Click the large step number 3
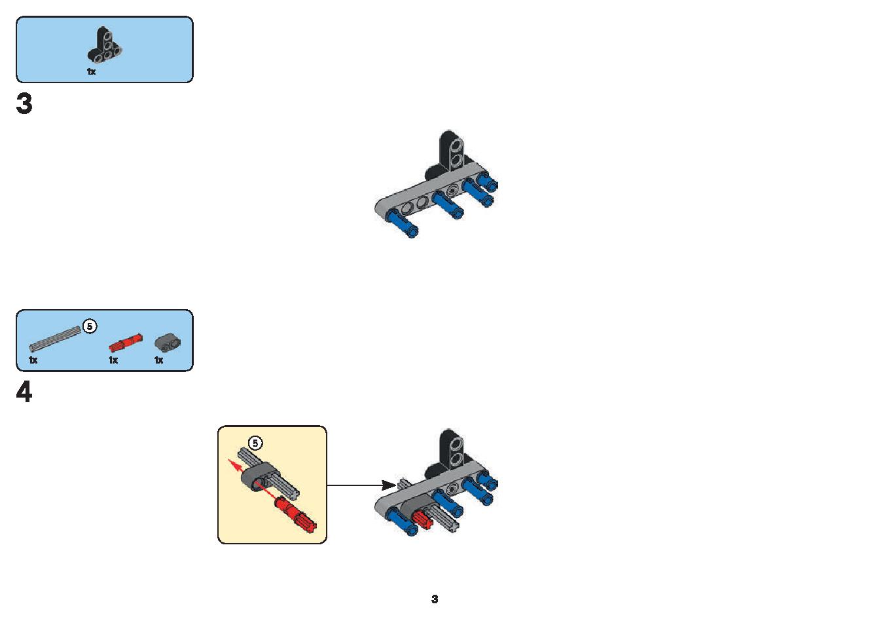24,103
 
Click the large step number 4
24,392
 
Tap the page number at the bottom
435,599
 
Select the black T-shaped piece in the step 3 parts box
104,46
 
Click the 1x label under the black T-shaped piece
91,71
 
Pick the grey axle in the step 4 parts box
55,339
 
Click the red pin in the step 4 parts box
126,341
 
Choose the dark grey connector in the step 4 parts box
168,341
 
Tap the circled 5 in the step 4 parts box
90,326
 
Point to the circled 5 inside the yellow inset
255,443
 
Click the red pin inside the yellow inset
296,516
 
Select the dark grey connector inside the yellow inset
257,477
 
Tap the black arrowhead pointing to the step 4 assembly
389,485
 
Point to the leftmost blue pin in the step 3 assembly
401,223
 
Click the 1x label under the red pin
113,360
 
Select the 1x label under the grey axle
33,360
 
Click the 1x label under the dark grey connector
159,360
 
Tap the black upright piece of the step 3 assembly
450,153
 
